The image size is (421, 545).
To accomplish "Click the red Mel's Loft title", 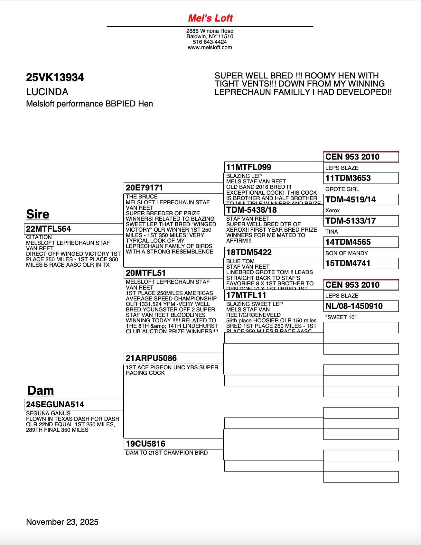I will (x=210, y=18).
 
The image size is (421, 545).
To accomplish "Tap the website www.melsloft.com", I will (x=210, y=48).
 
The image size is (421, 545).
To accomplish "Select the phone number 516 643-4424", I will (x=210, y=42).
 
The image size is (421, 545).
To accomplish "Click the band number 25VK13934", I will (x=55, y=78).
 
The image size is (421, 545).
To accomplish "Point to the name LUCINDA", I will (x=47, y=92).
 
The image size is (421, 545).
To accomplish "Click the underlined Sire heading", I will (x=38, y=214).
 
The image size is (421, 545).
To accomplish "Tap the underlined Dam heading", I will (x=41, y=391).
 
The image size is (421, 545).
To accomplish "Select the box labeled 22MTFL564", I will (x=74, y=229).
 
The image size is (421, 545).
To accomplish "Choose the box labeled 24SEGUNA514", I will (x=74, y=404).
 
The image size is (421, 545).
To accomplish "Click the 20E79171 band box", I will (x=173, y=188).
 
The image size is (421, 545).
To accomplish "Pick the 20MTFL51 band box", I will (x=173, y=273).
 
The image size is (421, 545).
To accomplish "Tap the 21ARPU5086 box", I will (x=173, y=358).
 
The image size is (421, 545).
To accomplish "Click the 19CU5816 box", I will (x=173, y=444).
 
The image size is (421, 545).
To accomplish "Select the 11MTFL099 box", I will (x=274, y=167).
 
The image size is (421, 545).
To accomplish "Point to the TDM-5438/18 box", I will (x=274, y=210).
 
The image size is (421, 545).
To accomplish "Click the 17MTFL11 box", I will (x=274, y=295).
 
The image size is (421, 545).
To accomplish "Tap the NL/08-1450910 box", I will (x=361, y=306).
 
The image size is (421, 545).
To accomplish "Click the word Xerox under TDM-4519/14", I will (x=332, y=210).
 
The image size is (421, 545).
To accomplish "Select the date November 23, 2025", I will (x=62, y=522).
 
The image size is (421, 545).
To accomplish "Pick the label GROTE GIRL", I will (x=342, y=189).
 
